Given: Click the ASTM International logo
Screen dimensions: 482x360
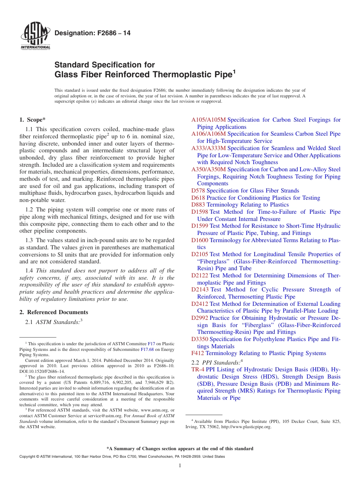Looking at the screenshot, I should (35, 36).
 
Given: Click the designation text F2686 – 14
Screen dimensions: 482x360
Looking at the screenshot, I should (92, 33).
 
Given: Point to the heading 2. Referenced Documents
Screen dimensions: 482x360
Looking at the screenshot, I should (54, 312).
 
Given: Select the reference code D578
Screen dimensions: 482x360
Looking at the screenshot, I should (198, 191).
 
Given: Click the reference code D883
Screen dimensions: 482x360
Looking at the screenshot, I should (198, 205).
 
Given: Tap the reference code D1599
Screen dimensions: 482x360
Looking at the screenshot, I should (200, 226).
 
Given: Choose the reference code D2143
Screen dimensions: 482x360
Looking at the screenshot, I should (200, 290).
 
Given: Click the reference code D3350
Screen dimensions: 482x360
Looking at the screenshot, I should (200, 340).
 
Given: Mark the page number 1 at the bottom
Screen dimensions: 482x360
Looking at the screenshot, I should (180, 466).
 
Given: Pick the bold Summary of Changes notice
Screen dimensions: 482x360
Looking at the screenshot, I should (180, 449).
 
